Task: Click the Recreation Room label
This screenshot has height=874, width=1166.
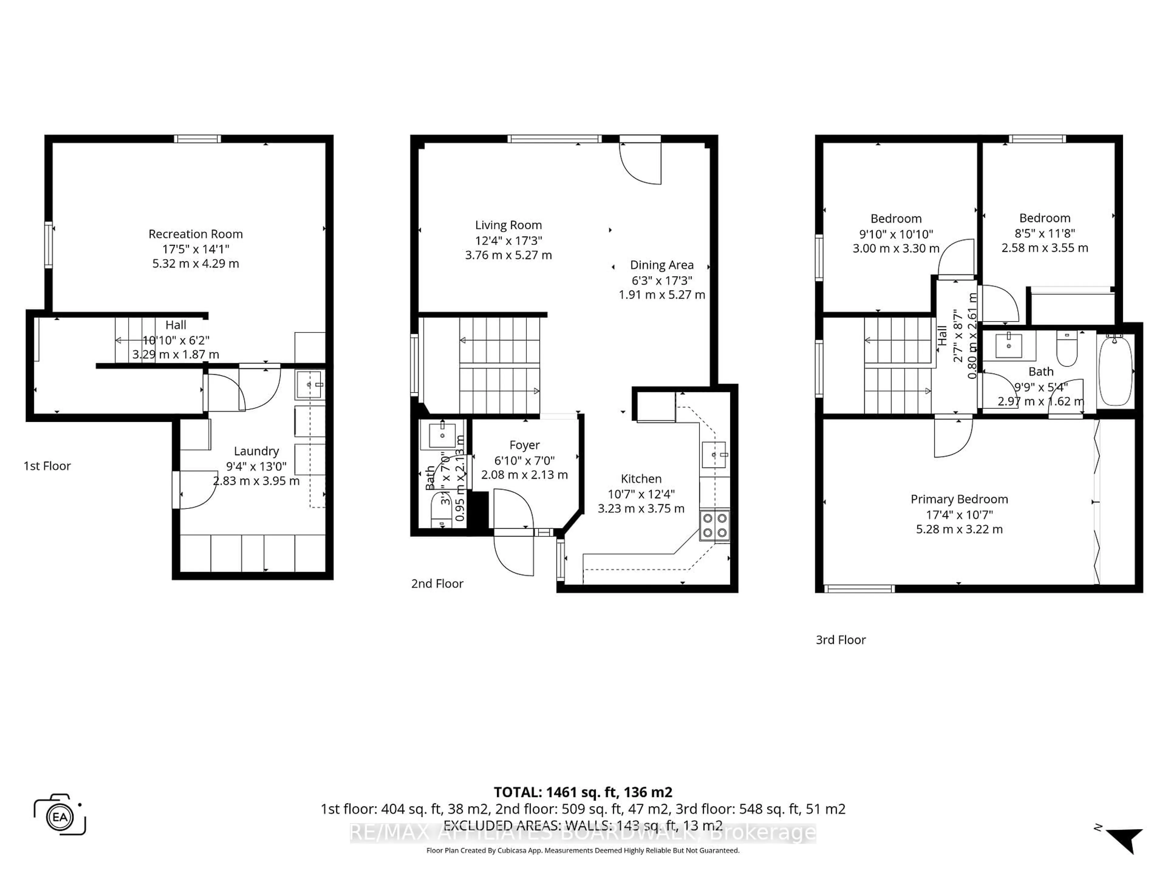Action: pyautogui.click(x=196, y=234)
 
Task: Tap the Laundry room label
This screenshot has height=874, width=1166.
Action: pyautogui.click(x=256, y=451)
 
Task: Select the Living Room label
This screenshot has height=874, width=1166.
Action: pyautogui.click(x=508, y=225)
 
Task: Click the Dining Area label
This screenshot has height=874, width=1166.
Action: pyautogui.click(x=662, y=265)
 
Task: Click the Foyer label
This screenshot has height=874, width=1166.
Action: pyautogui.click(x=524, y=445)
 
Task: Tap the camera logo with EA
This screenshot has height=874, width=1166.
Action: pyautogui.click(x=60, y=815)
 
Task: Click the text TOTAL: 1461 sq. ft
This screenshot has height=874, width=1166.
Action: pyautogui.click(x=582, y=792)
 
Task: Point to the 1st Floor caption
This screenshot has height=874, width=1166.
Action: pyautogui.click(x=47, y=466)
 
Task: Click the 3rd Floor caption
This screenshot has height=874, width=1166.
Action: pyautogui.click(x=841, y=639)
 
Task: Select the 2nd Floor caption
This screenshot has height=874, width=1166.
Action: pyautogui.click(x=437, y=584)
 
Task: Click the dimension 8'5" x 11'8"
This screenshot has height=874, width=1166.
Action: pyautogui.click(x=1045, y=233)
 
